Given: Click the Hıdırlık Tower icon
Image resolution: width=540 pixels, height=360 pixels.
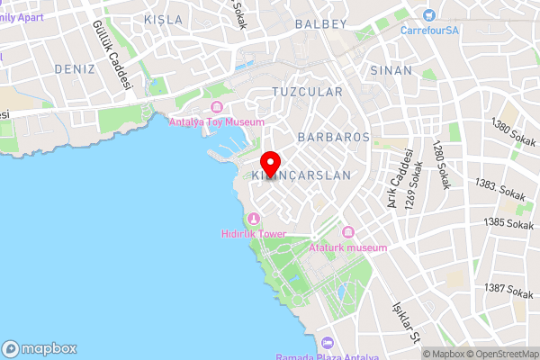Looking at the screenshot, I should pyautogui.click(x=254, y=219).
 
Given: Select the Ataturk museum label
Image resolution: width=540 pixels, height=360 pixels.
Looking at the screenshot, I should pyautogui.click(x=347, y=247).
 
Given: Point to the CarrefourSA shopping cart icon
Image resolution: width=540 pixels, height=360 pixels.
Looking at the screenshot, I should pyautogui.click(x=428, y=15).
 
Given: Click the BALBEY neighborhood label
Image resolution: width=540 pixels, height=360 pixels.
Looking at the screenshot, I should pyautogui.click(x=320, y=23).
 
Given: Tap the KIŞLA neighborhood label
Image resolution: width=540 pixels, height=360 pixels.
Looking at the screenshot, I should pyautogui.click(x=163, y=20).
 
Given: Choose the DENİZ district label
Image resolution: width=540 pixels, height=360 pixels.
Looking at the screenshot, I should pyautogui.click(x=74, y=68).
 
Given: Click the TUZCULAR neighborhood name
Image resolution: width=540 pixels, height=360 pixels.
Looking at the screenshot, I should pyautogui.click(x=307, y=93).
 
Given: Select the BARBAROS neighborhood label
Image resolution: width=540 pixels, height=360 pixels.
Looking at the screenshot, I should pyautogui.click(x=333, y=138).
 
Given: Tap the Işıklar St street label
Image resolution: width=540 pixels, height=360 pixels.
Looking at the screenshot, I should pyautogui.click(x=404, y=322).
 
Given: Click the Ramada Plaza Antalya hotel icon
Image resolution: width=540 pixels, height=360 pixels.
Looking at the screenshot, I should pyautogui.click(x=327, y=343).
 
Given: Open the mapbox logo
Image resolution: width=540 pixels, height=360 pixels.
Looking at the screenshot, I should pyautogui.click(x=40, y=348).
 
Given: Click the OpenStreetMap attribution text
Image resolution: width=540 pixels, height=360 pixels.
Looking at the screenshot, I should pyautogui.click(x=501, y=354).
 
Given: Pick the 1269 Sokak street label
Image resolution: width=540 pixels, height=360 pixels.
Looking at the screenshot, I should pyautogui.click(x=416, y=188).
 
